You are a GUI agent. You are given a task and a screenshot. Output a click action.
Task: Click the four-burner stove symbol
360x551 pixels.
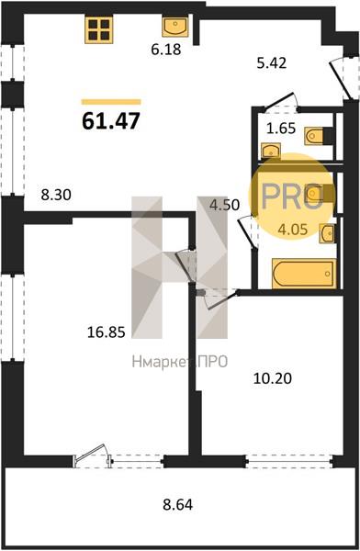(99, 30)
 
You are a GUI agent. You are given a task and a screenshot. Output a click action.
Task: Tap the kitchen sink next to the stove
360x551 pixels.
(175, 27)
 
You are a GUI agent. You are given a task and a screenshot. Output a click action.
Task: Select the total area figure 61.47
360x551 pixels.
(111, 121)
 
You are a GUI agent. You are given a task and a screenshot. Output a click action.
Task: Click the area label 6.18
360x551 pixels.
(166, 50)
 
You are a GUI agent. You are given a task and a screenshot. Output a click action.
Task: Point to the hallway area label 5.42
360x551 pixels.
(272, 62)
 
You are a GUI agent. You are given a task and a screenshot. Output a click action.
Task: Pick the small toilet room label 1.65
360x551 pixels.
(281, 129)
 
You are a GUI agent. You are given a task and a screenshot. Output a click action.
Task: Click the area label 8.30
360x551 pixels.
(56, 195)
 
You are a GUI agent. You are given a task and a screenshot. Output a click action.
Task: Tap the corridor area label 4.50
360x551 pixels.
(224, 205)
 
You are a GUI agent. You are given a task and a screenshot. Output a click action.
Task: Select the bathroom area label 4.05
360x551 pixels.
(292, 230)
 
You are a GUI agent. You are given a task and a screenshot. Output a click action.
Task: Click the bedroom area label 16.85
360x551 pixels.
(106, 332)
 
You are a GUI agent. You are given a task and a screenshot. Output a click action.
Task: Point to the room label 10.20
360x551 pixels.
(273, 378)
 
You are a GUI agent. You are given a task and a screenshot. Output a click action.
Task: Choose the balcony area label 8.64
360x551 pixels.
(177, 504)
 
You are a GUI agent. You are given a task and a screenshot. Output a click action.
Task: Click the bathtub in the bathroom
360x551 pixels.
(304, 274)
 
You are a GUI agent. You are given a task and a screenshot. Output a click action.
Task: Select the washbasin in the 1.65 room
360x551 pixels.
(271, 151)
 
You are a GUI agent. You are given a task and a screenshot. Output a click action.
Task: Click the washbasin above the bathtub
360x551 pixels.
(327, 233)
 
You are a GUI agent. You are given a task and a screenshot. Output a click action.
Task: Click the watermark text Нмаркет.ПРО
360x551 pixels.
(180, 362)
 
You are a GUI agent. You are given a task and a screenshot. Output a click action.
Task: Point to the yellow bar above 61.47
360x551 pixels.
(111, 102)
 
